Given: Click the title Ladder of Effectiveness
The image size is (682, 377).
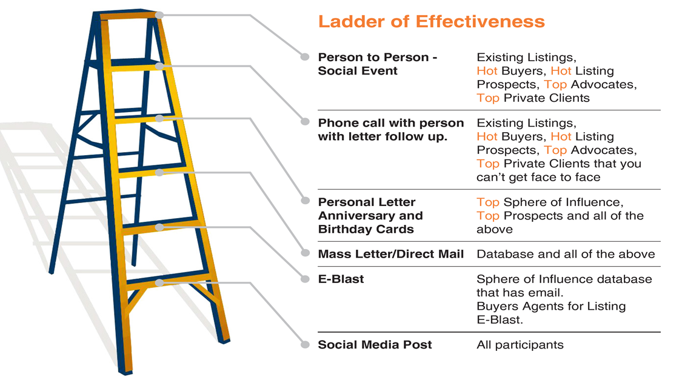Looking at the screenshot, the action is pyautogui.click(x=431, y=22).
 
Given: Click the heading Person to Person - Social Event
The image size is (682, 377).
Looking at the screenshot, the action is pyautogui.click(x=378, y=64).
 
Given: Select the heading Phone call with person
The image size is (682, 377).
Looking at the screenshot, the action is pyautogui.click(x=390, y=123).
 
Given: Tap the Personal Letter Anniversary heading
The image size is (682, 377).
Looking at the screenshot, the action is pyautogui.click(x=370, y=209).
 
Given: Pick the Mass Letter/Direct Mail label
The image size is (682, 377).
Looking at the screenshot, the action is pyautogui.click(x=390, y=255).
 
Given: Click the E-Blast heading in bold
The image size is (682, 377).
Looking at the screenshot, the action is pyautogui.click(x=341, y=279).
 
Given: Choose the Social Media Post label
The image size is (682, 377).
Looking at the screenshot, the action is pyautogui.click(x=375, y=345).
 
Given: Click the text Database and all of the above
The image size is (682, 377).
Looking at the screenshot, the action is pyautogui.click(x=566, y=255).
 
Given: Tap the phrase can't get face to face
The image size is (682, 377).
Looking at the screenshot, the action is pyautogui.click(x=538, y=178).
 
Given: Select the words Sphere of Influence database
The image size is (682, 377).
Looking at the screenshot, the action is pyautogui.click(x=564, y=279).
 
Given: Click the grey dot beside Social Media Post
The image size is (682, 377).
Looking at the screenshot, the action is pyautogui.click(x=306, y=345).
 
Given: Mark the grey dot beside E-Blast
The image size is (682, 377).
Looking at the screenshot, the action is pyautogui.click(x=306, y=279).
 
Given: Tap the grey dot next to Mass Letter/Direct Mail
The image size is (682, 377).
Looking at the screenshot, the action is pyautogui.click(x=306, y=253).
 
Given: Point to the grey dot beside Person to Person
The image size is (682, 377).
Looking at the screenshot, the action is pyautogui.click(x=305, y=57).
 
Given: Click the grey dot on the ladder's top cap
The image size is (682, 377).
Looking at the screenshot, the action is pyautogui.click(x=159, y=15).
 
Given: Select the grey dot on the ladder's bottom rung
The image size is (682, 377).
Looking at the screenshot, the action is pyautogui.click(x=159, y=282).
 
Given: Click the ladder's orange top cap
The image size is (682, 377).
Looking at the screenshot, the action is pyautogui.click(x=129, y=15).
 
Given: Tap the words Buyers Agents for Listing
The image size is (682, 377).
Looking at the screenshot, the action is pyautogui.click(x=551, y=307).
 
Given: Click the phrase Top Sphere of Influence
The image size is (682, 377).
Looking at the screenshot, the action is pyautogui.click(x=550, y=202).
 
